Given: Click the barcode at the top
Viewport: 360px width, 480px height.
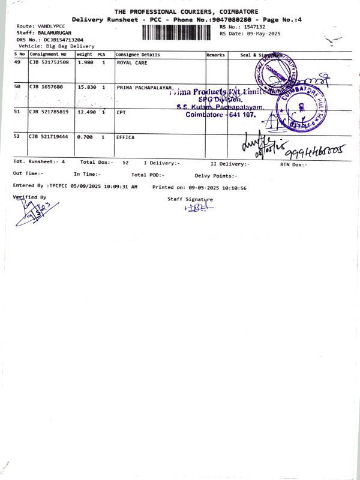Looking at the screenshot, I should tap(177, 32).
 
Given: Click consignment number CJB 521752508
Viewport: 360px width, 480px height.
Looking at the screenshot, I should tap(49, 62).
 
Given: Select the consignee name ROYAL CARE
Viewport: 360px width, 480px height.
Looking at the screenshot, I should tap(132, 62).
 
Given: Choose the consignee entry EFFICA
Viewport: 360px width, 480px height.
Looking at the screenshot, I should tap(126, 137).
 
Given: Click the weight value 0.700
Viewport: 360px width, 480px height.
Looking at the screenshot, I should tap(85, 137).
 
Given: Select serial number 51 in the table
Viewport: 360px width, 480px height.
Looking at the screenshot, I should tap(17, 112).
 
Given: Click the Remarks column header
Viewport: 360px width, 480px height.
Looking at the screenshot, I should tap(215, 55).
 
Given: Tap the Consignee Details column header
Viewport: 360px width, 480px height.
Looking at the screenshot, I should tap(137, 55).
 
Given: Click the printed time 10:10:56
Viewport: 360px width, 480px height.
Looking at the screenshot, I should tap(235, 187).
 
